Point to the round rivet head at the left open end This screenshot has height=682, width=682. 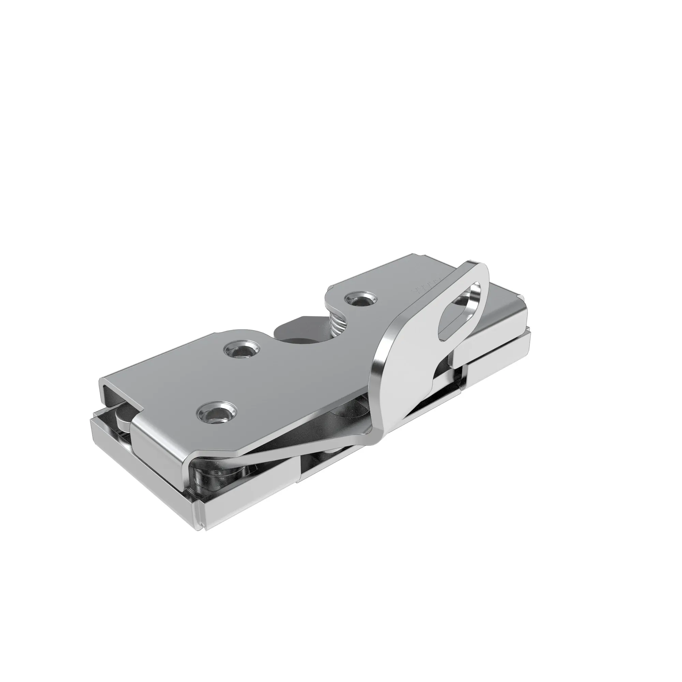[x=122, y=417]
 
